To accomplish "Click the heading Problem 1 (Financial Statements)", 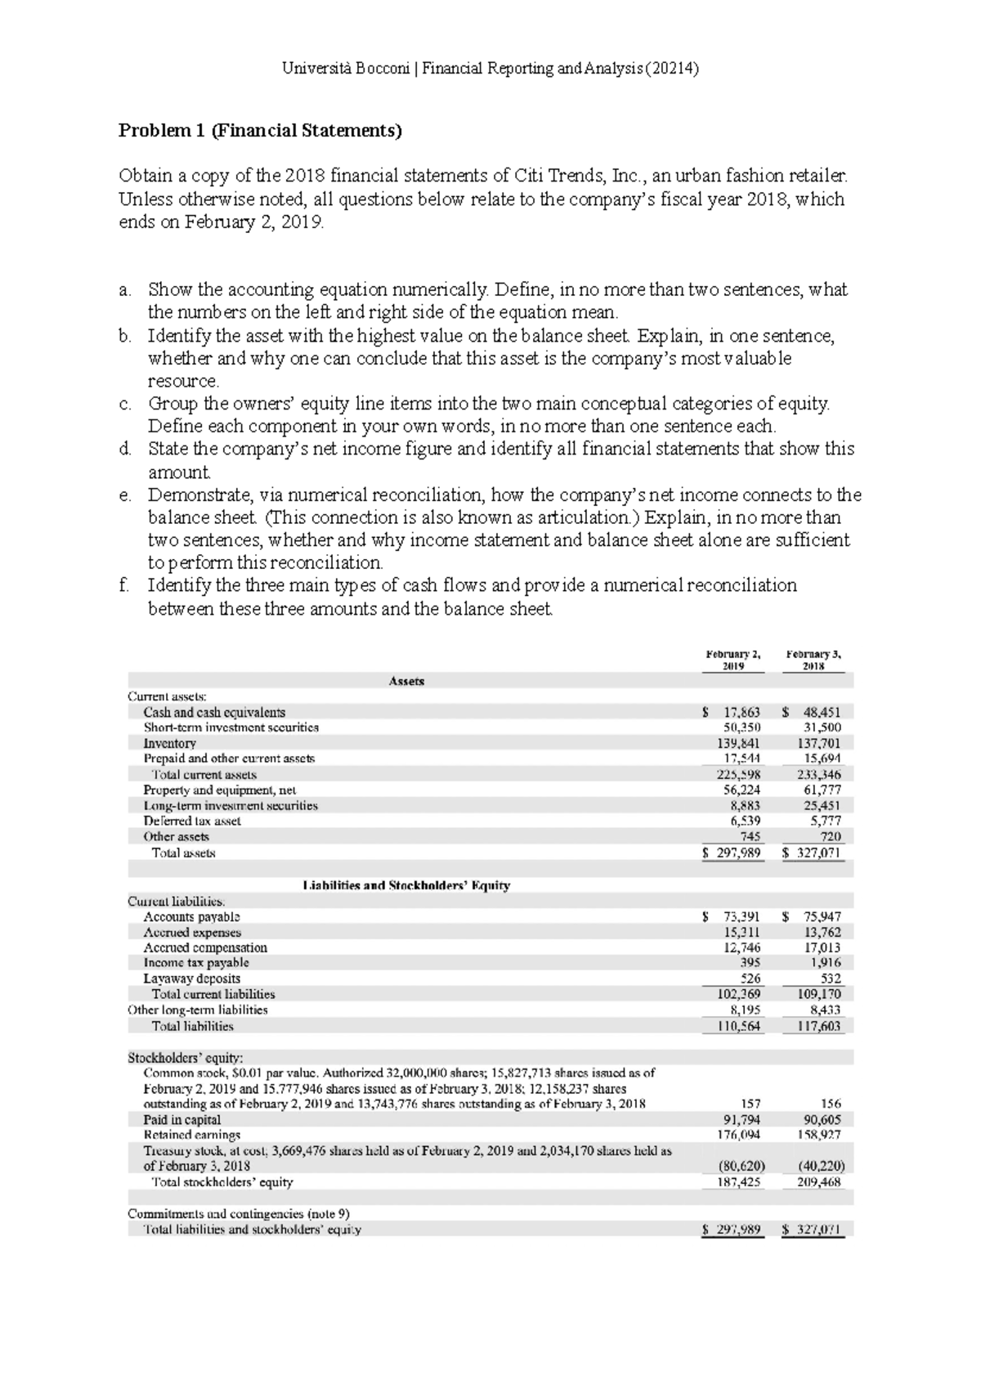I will coord(261,131).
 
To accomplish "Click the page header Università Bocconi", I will coord(347,69).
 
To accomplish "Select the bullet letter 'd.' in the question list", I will coord(124,449).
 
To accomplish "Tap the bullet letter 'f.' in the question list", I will coord(123,585).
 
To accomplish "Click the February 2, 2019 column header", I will coord(733,660).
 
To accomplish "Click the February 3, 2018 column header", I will coord(813,660).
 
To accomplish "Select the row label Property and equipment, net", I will coord(219,790).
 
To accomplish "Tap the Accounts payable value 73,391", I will coord(741,917).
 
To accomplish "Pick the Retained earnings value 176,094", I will coord(741,1135).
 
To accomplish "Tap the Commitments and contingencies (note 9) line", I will coord(240,1214).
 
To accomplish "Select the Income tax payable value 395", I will coord(750,963).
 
